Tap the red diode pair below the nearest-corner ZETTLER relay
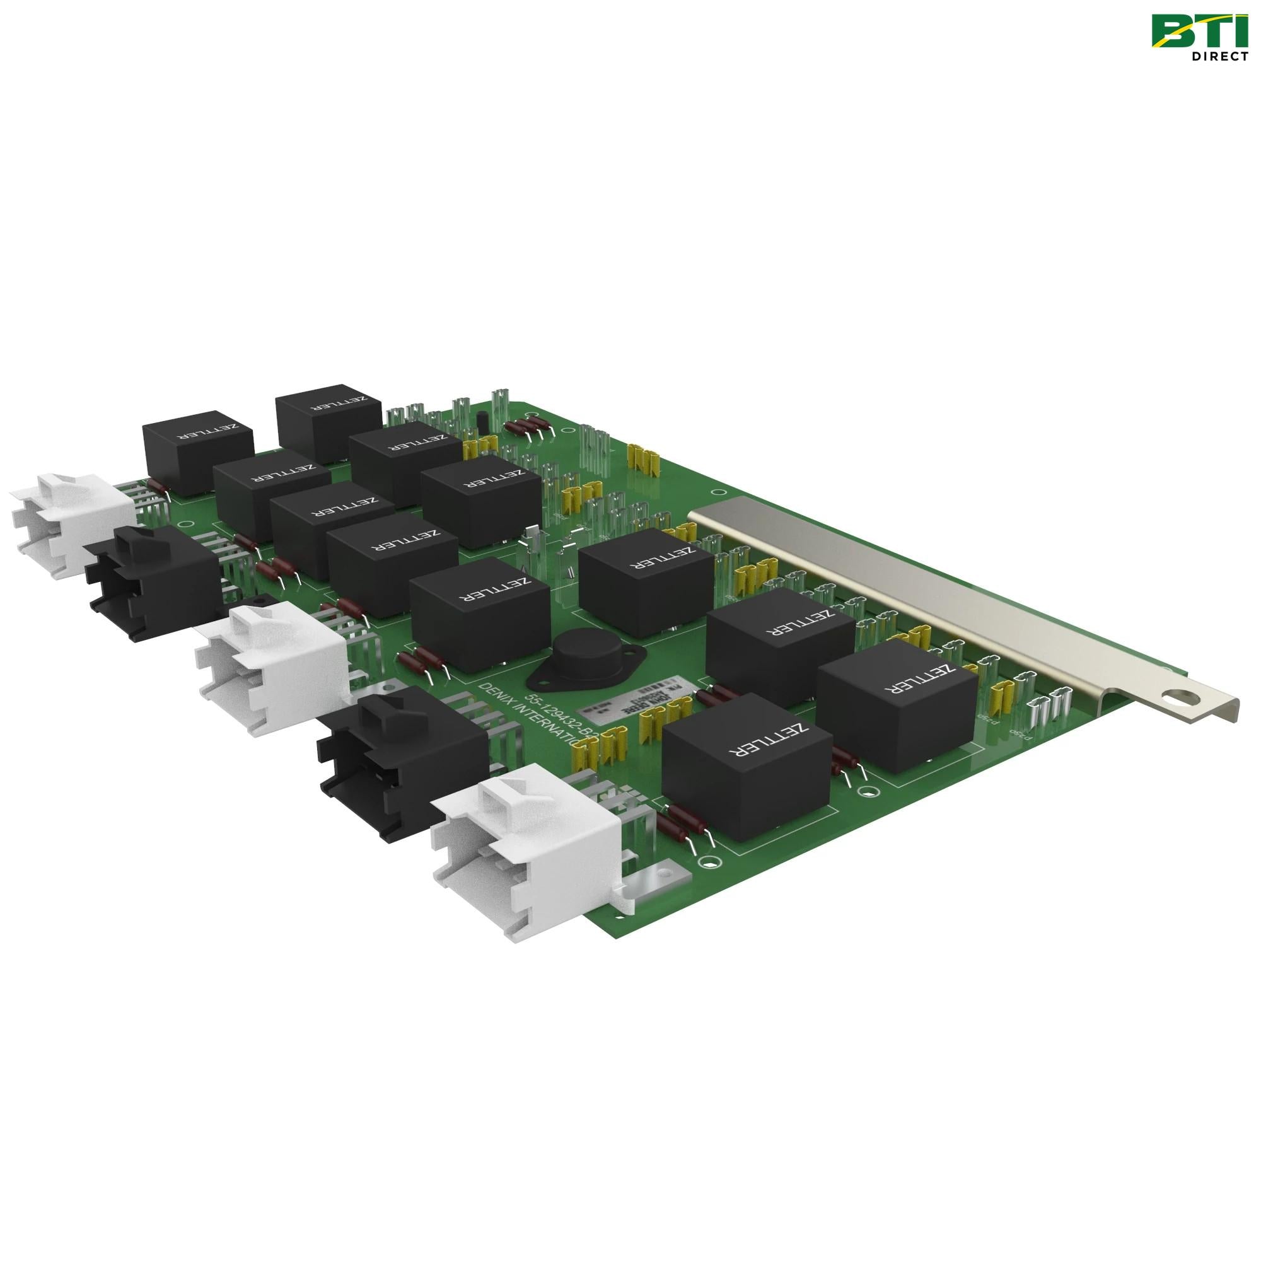tap(682, 826)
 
